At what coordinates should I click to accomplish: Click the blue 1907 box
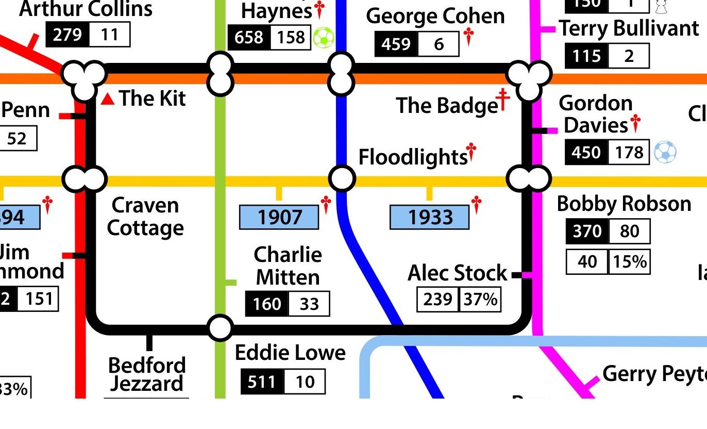tap(279, 217)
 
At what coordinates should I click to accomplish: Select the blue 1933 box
tap(429, 217)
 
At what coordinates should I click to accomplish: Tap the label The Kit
tap(153, 98)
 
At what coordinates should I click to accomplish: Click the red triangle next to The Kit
tap(108, 98)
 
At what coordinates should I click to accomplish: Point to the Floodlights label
tap(412, 157)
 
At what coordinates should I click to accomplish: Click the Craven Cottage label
tap(145, 217)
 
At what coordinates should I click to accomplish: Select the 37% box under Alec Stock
tap(480, 299)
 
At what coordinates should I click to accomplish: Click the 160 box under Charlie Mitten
tap(267, 304)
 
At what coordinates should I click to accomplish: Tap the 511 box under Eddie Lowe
tap(262, 382)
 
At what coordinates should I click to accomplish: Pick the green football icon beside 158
tap(324, 38)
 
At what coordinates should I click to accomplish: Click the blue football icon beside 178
tap(665, 153)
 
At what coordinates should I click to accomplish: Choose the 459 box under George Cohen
tap(396, 44)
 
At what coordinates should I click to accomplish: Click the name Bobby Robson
tap(624, 204)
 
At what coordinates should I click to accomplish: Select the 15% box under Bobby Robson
tap(629, 262)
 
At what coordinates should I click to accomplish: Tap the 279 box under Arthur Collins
tap(68, 35)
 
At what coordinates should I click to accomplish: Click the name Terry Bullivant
tap(629, 28)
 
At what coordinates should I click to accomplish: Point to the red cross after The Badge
tap(502, 100)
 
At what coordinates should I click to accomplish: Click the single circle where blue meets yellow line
tap(341, 178)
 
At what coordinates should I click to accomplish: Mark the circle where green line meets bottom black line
tap(220, 327)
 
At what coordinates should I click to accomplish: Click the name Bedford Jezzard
tap(147, 374)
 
